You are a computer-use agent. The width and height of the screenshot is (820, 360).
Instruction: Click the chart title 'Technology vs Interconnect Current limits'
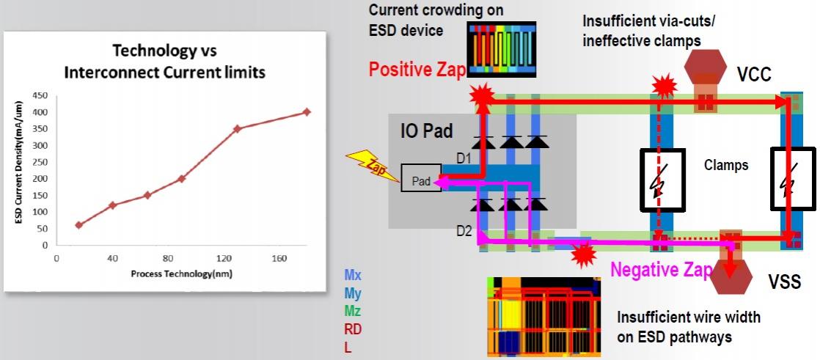tap(165, 62)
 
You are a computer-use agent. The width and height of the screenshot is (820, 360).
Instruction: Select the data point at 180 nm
tap(307, 112)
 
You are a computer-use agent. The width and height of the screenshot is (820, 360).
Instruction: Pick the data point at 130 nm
tap(237, 128)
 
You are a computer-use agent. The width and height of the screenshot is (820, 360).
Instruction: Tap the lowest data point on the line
tap(79, 225)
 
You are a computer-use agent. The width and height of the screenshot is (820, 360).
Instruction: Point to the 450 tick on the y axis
tap(40, 95)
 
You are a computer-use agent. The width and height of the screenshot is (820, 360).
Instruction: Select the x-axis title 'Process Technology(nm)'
tap(181, 273)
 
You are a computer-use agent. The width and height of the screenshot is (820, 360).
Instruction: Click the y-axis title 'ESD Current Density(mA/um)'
tap(18, 163)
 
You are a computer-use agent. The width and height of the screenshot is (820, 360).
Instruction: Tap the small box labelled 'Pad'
tap(421, 178)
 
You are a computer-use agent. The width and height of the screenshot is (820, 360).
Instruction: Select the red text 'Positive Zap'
tap(417, 70)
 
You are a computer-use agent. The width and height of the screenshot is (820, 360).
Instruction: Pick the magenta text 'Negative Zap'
tap(662, 270)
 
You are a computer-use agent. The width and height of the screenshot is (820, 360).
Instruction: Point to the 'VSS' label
tap(784, 283)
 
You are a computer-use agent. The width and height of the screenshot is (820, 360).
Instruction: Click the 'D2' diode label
tap(464, 229)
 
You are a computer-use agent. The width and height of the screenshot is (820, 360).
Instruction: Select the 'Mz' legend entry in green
tap(353, 311)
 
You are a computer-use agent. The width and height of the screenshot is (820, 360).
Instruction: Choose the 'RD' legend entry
tap(353, 329)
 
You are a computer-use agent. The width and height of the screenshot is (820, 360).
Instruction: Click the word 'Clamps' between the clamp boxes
tap(726, 166)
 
